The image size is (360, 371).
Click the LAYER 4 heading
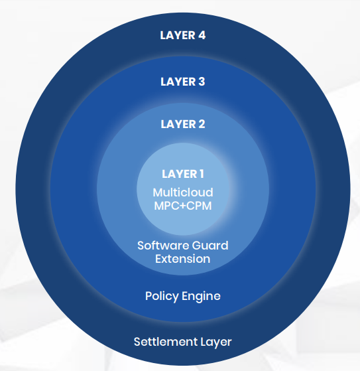[x=183, y=35]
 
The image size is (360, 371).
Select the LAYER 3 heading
[x=183, y=82]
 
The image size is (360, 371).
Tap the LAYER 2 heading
[x=183, y=124]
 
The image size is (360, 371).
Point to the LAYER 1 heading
[x=183, y=174]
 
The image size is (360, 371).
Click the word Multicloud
[x=183, y=192]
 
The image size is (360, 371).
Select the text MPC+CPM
[x=183, y=206]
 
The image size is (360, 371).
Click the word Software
[x=163, y=246]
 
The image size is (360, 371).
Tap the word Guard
[x=210, y=246]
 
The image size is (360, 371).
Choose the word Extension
[x=183, y=259]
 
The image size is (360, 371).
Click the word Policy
[x=162, y=296]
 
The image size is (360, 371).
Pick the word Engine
[x=201, y=297]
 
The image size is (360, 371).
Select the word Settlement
[x=166, y=342]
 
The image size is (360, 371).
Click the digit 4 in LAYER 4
[x=202, y=35]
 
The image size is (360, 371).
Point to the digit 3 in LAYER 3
[x=202, y=82]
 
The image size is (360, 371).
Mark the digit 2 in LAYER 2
[x=202, y=124]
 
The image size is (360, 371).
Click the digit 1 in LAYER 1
[x=202, y=174]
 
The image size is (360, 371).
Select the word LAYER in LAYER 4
[x=178, y=35]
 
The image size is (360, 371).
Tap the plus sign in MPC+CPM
[x=182, y=206]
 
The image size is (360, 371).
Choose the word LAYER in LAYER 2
[x=178, y=124]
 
